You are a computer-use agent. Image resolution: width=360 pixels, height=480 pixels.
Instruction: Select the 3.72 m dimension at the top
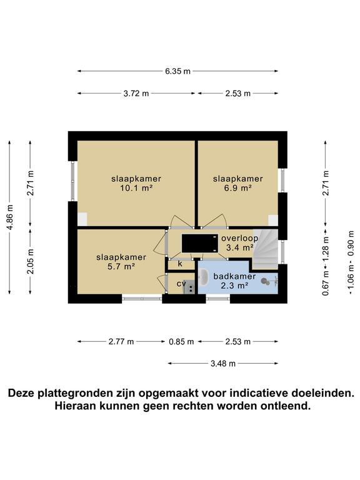point(137,94)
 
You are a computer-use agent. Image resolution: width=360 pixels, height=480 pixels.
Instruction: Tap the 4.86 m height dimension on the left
point(10,217)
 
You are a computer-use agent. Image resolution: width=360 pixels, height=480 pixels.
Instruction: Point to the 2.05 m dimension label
point(31,261)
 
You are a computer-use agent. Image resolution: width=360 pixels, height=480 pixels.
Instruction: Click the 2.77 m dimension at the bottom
point(121,342)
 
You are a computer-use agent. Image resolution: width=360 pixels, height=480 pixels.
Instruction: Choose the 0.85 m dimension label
point(181,342)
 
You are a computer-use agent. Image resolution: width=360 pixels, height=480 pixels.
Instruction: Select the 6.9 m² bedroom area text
point(238,188)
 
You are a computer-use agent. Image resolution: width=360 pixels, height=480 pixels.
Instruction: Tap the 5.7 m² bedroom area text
point(121,267)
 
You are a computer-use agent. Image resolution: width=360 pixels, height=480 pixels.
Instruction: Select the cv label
point(181,283)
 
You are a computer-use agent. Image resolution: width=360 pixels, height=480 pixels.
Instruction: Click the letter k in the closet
point(180,264)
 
